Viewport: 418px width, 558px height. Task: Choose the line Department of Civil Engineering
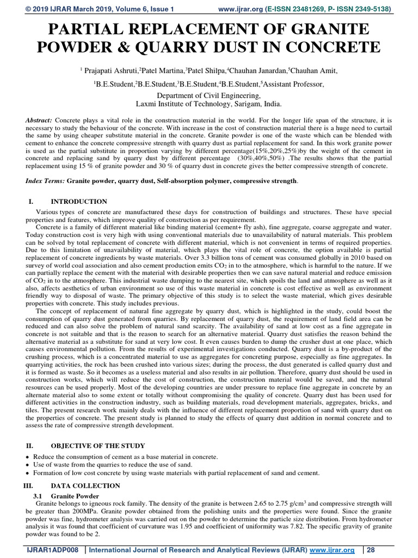209,95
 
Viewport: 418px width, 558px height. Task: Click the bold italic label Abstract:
39,119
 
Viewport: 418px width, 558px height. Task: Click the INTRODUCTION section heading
79,202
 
